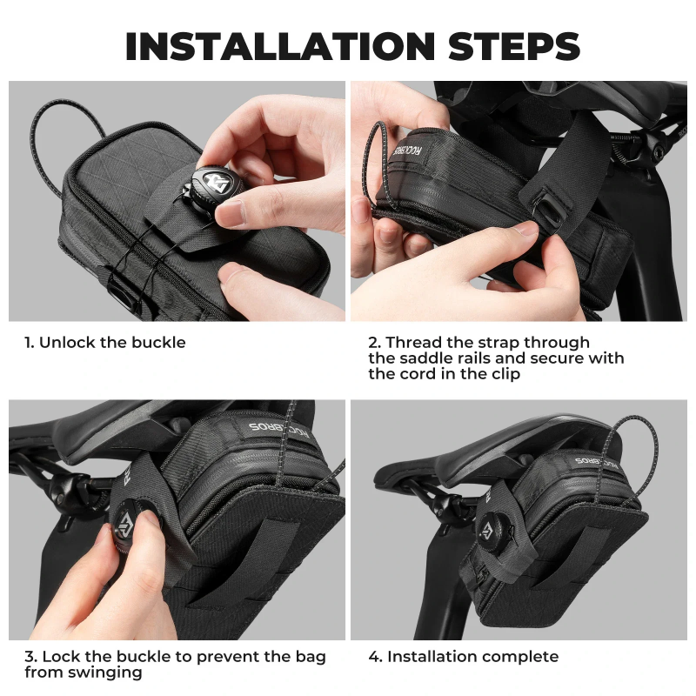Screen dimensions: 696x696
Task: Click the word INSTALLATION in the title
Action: (280, 46)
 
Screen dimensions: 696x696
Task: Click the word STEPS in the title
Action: (514, 46)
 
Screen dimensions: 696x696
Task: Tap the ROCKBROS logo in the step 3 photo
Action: (278, 431)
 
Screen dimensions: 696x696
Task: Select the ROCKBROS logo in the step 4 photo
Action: (597, 463)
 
